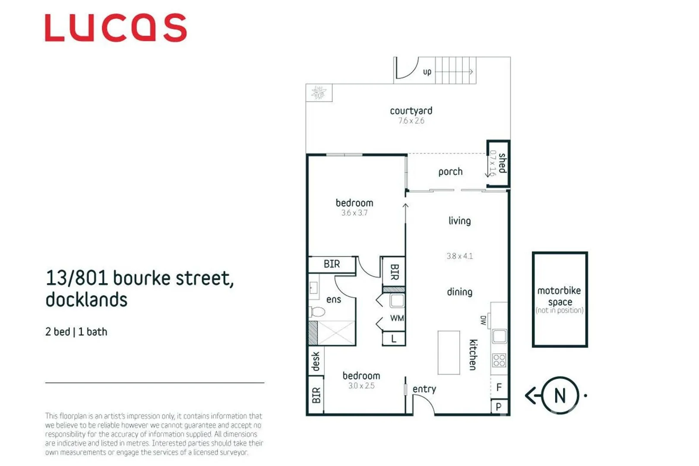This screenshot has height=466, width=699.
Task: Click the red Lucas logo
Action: [116, 28]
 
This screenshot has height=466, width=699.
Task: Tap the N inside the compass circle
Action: [560, 396]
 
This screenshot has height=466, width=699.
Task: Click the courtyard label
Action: [411, 111]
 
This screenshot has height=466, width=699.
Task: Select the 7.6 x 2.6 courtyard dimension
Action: [411, 121]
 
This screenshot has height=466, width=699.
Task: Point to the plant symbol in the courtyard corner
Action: [319, 92]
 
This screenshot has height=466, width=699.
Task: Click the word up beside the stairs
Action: [427, 72]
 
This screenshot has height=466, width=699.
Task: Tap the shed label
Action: [502, 163]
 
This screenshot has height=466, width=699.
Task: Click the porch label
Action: [450, 172]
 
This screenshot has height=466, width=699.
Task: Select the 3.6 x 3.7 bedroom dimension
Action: [354, 213]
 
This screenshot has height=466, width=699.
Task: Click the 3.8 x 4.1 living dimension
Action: [459, 256]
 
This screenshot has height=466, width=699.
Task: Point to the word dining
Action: [459, 292]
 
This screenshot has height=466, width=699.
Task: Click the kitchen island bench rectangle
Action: [449, 353]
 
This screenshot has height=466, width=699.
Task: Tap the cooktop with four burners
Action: [499, 360]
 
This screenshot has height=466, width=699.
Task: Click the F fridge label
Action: [499, 387]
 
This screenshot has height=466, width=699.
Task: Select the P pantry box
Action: [499, 406]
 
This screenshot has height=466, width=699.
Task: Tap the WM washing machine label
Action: [397, 318]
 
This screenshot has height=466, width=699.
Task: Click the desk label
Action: [316, 362]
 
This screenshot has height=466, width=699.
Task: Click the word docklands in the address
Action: [86, 300]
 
